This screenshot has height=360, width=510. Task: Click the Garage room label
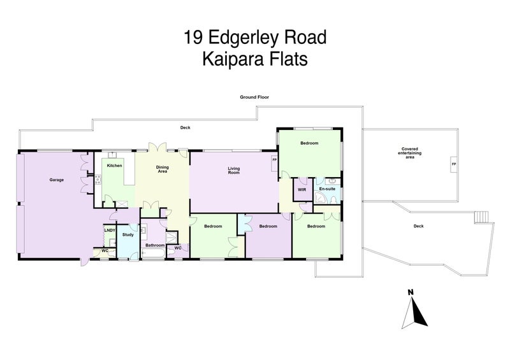click(x=57, y=180)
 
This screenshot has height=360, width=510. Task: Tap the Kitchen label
click(x=114, y=166)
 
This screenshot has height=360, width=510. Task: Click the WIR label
click(x=300, y=189)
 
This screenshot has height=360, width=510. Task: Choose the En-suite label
click(x=326, y=189)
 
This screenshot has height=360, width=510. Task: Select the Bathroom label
click(x=155, y=245)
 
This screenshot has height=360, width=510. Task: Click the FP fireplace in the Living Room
click(x=274, y=160)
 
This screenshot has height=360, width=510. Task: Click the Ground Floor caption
click(x=254, y=97)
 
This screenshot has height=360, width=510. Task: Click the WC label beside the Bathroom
click(x=178, y=247)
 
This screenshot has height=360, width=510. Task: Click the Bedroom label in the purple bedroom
click(x=268, y=226)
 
